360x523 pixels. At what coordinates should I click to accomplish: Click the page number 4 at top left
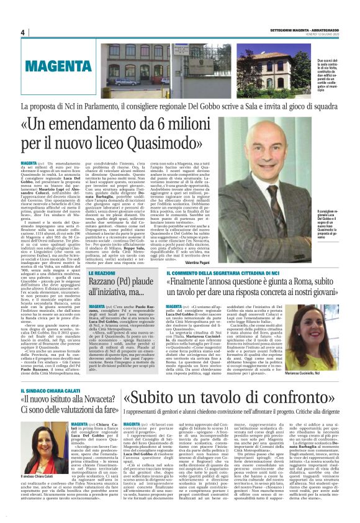(22, 33)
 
